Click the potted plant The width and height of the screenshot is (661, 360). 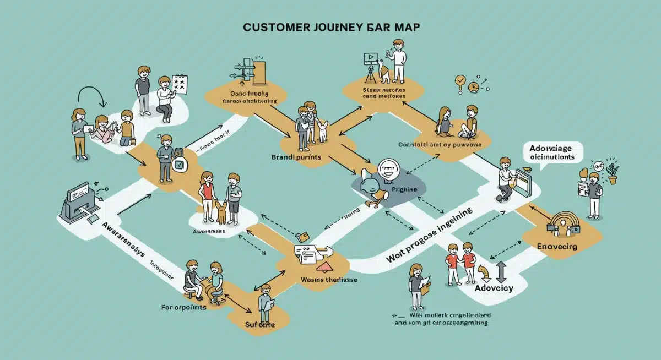612,174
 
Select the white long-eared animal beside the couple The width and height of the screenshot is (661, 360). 322,131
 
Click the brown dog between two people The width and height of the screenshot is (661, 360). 221,212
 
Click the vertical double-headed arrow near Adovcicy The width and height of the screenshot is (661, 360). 501,272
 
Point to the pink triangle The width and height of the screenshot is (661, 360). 323,266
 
